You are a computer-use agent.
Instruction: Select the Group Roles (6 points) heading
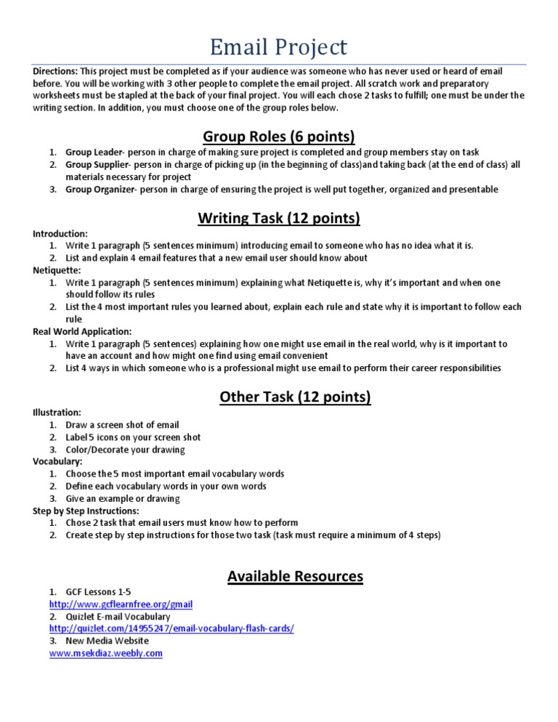pyautogui.click(x=278, y=136)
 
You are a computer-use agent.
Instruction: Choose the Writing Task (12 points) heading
pyautogui.click(x=278, y=217)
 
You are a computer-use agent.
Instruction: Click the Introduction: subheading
pyautogui.click(x=60, y=234)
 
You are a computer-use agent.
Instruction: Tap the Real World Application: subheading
pyautogui.click(x=82, y=331)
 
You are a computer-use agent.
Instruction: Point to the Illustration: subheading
pyautogui.click(x=57, y=412)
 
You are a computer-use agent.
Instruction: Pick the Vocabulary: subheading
pyautogui.click(x=57, y=461)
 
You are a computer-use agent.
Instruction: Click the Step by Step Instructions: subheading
pyautogui.click(x=86, y=511)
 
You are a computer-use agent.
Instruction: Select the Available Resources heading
pyautogui.click(x=295, y=576)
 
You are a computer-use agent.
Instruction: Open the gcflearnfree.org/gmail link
pyautogui.click(x=121, y=604)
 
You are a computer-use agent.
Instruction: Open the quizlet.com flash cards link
pyautogui.click(x=171, y=629)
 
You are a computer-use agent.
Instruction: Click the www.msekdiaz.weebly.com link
pyautogui.click(x=105, y=654)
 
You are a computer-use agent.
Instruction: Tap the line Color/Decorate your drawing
pyautogui.click(x=125, y=450)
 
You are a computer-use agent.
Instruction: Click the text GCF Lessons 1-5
pyautogui.click(x=98, y=592)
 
